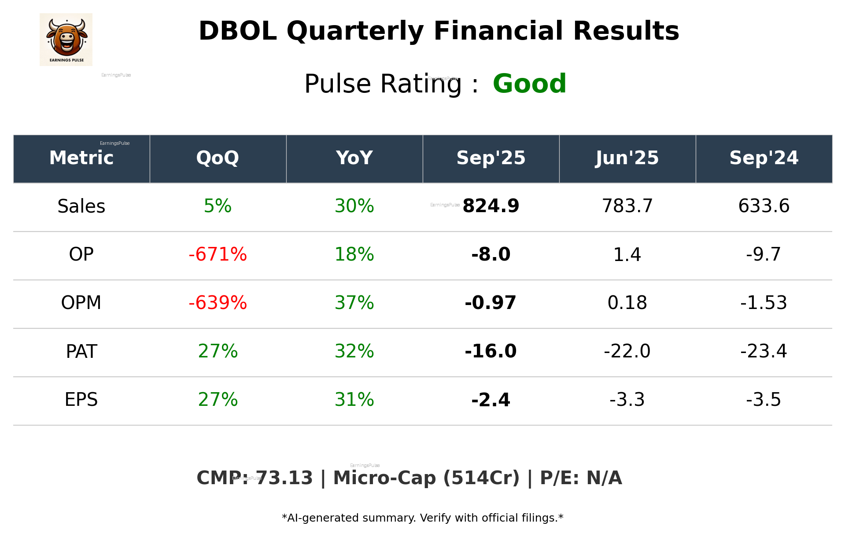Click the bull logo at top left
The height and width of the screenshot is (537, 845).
pos(66,39)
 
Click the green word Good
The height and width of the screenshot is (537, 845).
pos(529,84)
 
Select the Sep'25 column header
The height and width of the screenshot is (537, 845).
pos(491,158)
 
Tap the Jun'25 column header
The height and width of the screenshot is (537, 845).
pos(627,158)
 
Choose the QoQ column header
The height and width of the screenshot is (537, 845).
pos(218,158)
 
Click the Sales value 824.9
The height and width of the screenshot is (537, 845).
pos(491,206)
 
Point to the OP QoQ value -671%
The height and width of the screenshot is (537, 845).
pos(218,254)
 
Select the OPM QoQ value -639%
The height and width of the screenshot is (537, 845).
pos(218,303)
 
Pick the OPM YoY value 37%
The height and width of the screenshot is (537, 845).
pos(354,303)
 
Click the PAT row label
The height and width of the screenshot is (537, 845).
pos(81,351)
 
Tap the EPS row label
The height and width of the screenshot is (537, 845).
pos(81,400)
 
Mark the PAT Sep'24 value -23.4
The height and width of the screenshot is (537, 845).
pos(764,351)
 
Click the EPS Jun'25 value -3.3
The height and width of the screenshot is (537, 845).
pos(627,400)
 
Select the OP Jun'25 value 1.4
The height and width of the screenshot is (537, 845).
pos(627,254)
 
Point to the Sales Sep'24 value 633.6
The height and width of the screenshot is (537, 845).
pos(764,206)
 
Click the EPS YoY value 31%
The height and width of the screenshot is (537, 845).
pos(354,400)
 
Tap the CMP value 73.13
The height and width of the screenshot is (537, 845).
pos(284,478)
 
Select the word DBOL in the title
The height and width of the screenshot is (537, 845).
pos(237,31)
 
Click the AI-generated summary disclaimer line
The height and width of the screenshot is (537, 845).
pos(422,518)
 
